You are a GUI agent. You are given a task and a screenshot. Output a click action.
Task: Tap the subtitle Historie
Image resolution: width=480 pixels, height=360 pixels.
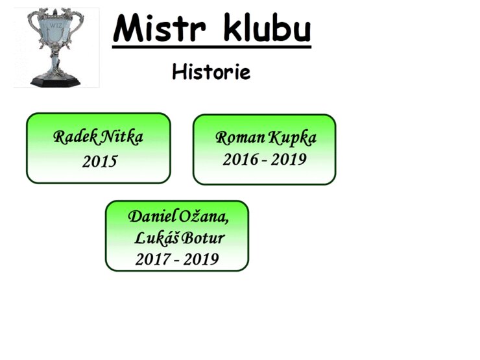(211, 71)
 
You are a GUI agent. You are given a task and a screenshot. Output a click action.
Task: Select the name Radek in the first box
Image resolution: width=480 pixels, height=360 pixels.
(75, 137)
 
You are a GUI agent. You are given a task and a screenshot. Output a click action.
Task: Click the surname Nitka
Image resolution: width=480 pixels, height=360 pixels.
(121, 137)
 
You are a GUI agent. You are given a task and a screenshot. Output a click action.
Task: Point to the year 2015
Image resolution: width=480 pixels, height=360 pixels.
(100, 162)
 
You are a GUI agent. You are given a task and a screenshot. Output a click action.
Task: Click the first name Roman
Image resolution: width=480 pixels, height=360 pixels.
(240, 138)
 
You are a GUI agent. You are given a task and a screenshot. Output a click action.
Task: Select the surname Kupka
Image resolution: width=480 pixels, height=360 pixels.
(293, 138)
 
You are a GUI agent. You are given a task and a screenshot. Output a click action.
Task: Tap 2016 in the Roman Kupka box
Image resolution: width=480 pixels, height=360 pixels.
(241, 160)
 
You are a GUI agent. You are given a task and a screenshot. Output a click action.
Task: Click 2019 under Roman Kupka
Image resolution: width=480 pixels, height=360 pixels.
(289, 160)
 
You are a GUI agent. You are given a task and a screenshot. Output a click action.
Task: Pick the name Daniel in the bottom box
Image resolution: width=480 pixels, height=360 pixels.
(152, 217)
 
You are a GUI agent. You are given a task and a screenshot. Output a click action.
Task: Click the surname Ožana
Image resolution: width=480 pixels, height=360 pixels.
(204, 217)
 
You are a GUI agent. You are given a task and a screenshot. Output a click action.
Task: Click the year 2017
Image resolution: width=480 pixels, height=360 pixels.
(153, 259)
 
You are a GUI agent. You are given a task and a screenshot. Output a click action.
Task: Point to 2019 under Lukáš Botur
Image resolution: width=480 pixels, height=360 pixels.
(201, 259)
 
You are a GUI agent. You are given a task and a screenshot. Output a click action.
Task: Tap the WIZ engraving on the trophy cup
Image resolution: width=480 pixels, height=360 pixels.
(56, 25)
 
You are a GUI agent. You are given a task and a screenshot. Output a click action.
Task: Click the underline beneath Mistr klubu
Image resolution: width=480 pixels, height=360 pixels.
(211, 47)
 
